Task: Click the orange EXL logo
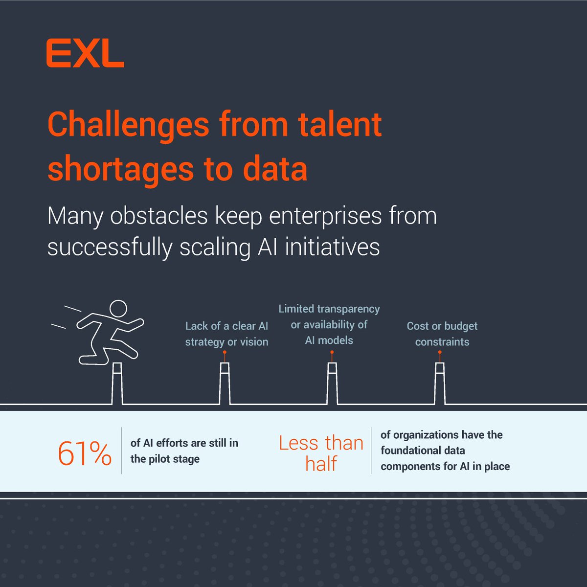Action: coord(85,54)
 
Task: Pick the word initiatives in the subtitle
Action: coord(332,247)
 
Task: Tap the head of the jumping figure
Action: coord(118,309)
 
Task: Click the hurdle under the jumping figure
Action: coord(117,384)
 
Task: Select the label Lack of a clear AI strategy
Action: coord(226,334)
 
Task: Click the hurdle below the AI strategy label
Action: coord(225,384)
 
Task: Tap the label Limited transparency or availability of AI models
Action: coord(329,324)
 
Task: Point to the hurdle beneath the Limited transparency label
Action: coord(332,384)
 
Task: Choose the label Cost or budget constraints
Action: coord(442,334)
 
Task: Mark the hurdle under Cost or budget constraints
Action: coord(440,384)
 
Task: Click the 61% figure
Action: coord(85,453)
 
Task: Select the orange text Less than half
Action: coord(321,453)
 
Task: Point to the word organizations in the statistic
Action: coord(426,435)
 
